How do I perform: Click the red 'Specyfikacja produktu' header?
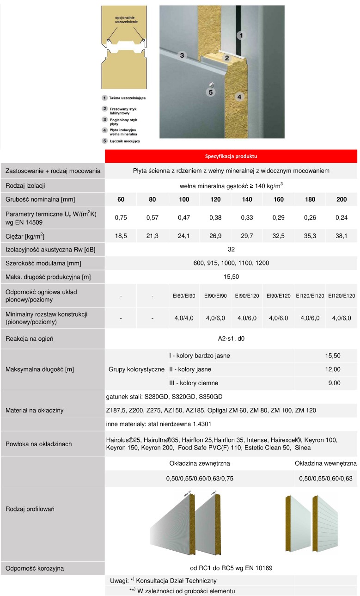coord(231,156)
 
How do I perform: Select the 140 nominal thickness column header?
coord(247,199)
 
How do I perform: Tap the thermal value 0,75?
coord(121,217)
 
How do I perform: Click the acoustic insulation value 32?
coord(231,250)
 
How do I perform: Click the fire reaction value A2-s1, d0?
coord(231,339)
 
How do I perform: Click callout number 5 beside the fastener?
coord(210,92)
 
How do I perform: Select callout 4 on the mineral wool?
coord(239,97)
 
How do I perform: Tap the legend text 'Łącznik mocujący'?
coord(124,141)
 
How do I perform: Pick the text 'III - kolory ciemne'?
coord(193,383)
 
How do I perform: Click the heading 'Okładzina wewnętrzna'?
coord(325,463)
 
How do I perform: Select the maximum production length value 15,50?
coord(231,276)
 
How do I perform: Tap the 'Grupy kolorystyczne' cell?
coord(136,369)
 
